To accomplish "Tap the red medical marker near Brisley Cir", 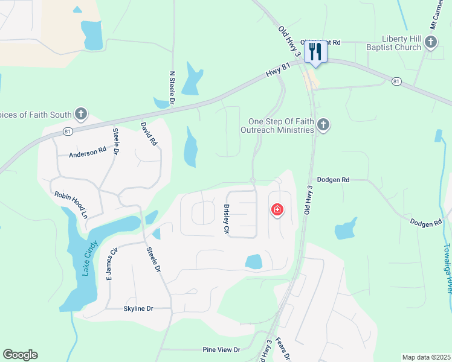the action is (277, 209).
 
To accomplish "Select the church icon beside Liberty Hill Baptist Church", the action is (430, 42).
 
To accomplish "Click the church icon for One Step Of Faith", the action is (323, 125).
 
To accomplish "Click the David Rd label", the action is (149, 134).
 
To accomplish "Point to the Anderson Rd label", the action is (92, 153).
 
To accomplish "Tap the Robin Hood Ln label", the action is (71, 204).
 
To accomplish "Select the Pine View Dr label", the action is (221, 349).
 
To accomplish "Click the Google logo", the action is (20, 355).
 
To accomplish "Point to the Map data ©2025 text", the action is (426, 357).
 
